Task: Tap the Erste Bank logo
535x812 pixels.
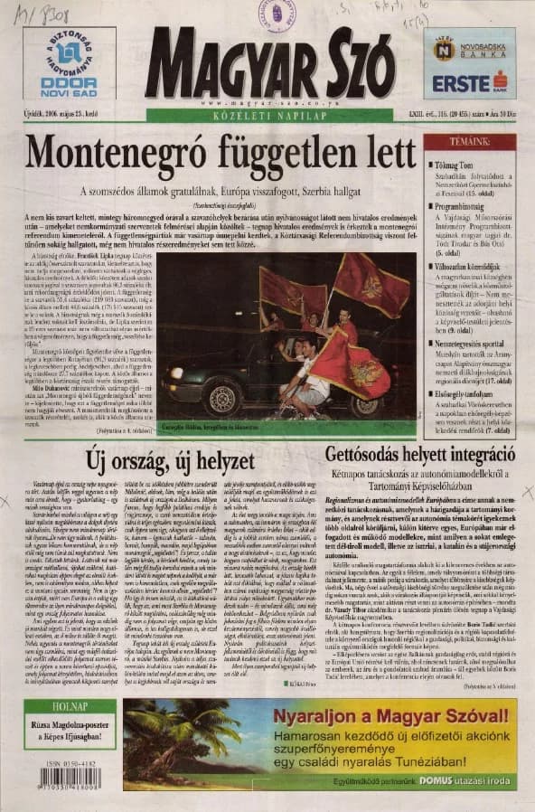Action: (x=469, y=83)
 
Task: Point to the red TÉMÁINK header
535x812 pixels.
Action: (x=470, y=142)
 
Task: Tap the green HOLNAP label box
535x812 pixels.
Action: (x=82, y=705)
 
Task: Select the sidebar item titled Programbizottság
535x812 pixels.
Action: (x=466, y=206)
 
